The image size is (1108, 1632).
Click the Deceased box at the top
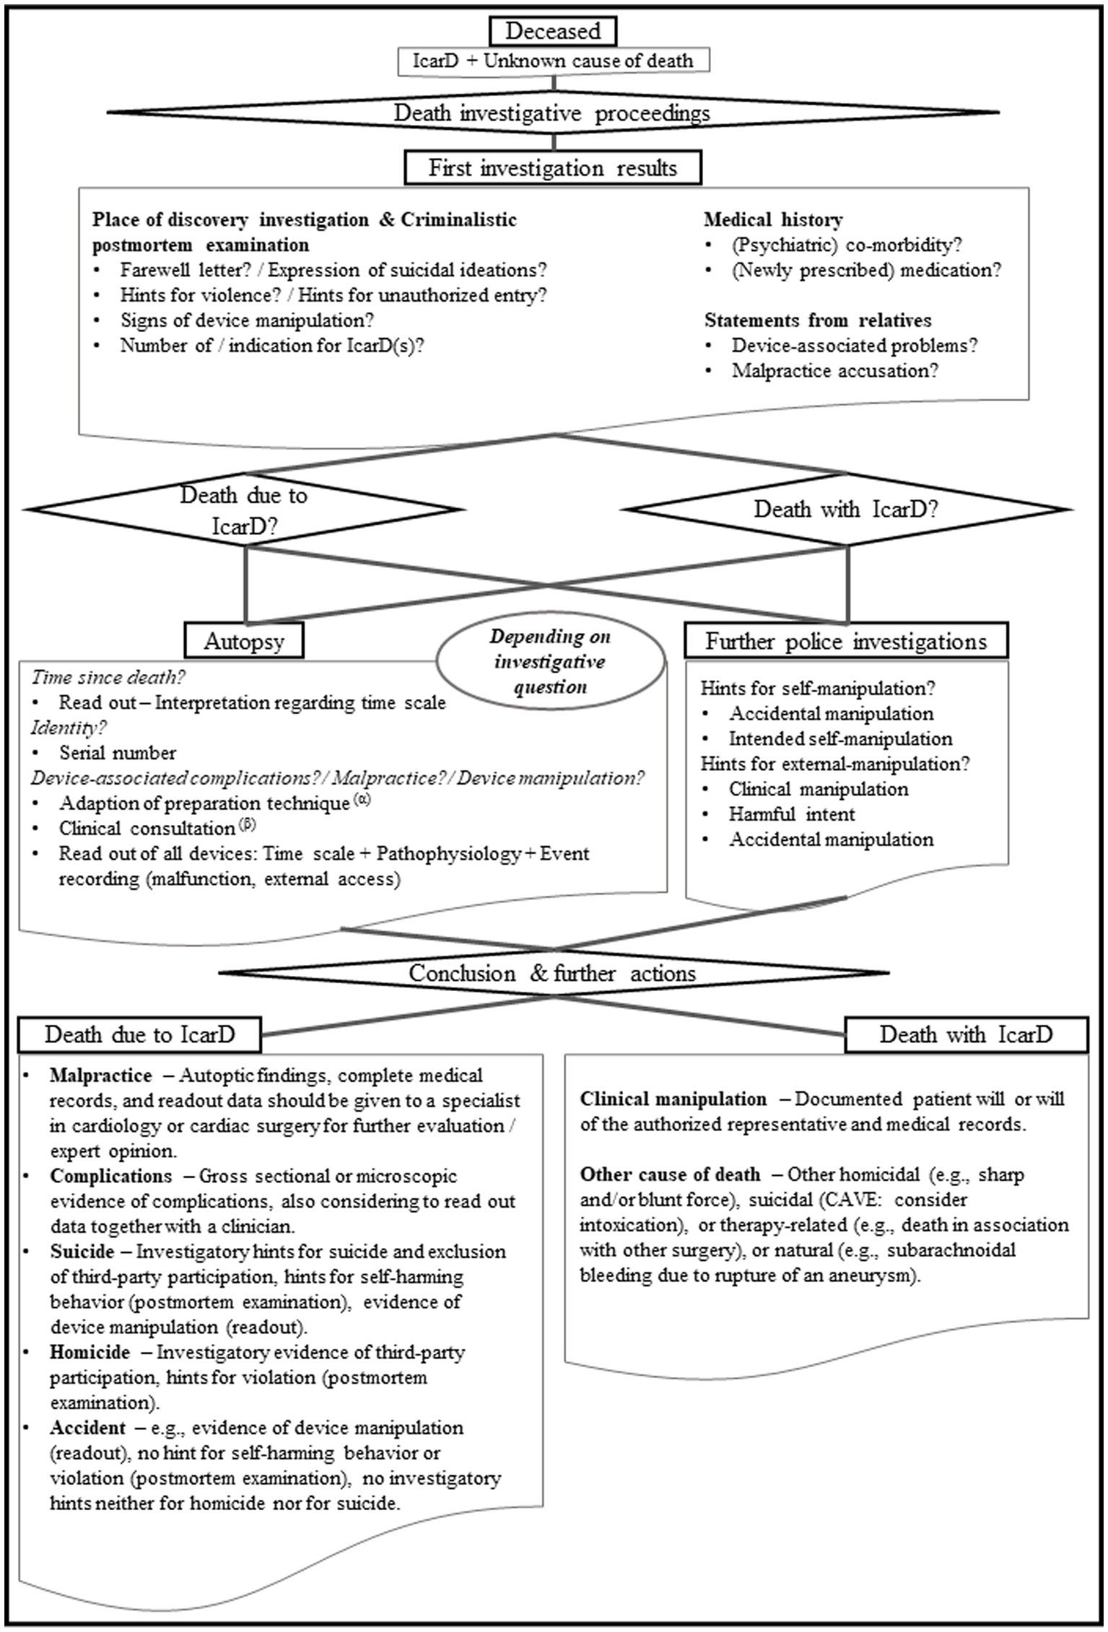click(x=553, y=31)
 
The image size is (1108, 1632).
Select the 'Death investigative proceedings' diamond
click(x=553, y=113)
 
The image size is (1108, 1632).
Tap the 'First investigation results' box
click(x=553, y=168)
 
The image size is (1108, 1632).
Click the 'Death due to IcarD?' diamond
click(x=244, y=510)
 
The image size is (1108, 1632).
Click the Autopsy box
click(x=244, y=641)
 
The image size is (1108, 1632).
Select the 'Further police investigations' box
click(x=846, y=641)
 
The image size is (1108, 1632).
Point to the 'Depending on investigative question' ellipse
click(x=550, y=661)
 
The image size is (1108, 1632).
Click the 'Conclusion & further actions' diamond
click(x=553, y=973)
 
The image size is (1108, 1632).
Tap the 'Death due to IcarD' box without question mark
click(x=140, y=1034)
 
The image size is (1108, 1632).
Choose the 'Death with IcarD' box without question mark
click(x=966, y=1034)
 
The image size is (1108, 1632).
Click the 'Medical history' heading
click(x=773, y=219)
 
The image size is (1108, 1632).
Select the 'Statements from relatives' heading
click(x=818, y=320)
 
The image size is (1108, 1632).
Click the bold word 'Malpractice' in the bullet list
click(x=101, y=1075)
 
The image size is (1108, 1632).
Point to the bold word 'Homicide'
click(x=90, y=1351)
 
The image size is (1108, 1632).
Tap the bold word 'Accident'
click(x=87, y=1427)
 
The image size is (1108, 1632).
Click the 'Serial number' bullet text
click(x=118, y=753)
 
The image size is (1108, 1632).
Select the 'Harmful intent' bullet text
click(x=792, y=814)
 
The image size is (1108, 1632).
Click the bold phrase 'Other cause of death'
click(x=670, y=1174)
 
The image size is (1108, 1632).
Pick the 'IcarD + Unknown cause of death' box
click(x=553, y=61)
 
